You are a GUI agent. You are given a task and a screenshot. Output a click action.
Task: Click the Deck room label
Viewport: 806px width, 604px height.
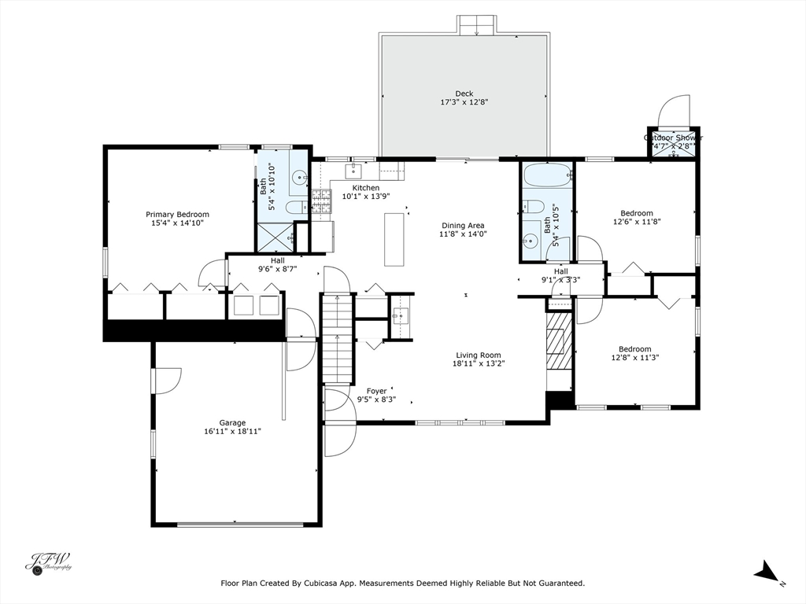coord(464,94)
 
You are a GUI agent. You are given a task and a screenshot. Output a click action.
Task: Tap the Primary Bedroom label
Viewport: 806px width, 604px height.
coord(177,214)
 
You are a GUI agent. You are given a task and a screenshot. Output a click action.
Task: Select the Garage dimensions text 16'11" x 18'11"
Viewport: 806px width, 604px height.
coord(232,431)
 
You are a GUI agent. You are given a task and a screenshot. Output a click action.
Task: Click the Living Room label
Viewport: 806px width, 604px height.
coord(476,355)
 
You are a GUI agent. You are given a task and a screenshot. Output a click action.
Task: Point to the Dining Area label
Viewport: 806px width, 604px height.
coord(463,225)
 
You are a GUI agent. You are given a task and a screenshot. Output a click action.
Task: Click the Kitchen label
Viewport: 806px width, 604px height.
coord(365,188)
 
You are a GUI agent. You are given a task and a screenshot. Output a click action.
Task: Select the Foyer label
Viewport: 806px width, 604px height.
coord(376,391)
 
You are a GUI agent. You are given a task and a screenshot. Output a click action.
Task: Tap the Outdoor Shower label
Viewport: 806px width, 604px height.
coord(673,138)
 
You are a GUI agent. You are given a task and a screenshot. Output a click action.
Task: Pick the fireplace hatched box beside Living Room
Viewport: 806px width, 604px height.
coord(559,341)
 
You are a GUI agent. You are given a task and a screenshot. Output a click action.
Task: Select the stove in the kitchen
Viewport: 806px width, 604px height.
coord(321,202)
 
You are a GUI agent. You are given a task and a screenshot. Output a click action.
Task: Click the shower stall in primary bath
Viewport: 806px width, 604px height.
coord(275,237)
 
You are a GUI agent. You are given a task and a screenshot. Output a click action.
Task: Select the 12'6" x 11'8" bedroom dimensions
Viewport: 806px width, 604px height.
coord(636,222)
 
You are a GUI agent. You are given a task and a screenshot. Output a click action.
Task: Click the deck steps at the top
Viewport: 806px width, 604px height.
coord(476,24)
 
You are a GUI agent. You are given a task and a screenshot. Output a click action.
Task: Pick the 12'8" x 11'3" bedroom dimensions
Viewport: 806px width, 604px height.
coord(634,358)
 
